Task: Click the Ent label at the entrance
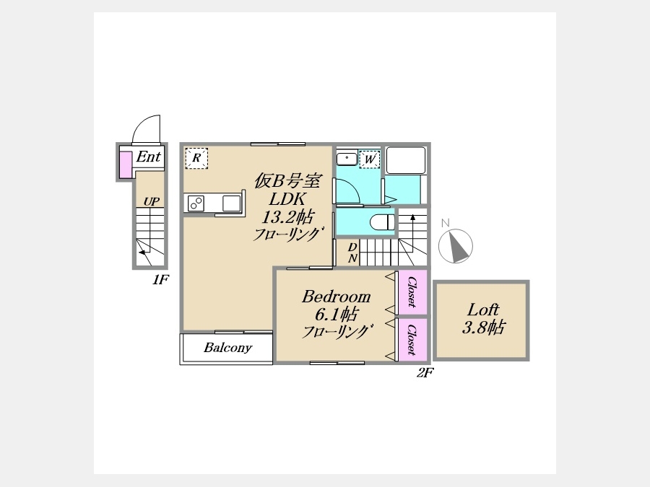click(148, 157)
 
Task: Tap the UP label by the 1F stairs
click(152, 201)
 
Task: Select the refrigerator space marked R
click(196, 158)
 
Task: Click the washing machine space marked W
click(370, 159)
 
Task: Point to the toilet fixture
click(382, 222)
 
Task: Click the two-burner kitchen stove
click(196, 203)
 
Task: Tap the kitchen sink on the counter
click(231, 203)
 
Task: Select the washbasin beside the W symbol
click(347, 158)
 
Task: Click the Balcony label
click(227, 348)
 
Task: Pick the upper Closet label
click(412, 291)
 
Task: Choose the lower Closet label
click(412, 340)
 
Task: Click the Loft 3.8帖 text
click(483, 318)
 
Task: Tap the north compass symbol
click(455, 245)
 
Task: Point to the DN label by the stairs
click(352, 253)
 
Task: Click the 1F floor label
click(160, 280)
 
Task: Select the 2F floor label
click(425, 373)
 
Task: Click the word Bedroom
click(336, 297)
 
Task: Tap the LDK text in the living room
click(287, 199)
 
